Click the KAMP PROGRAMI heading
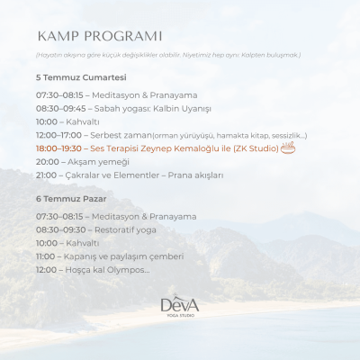100,37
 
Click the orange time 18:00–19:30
58,148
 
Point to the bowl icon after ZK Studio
288,148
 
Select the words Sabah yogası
112,108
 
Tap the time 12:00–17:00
58,135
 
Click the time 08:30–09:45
58,108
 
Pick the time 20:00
48,162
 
